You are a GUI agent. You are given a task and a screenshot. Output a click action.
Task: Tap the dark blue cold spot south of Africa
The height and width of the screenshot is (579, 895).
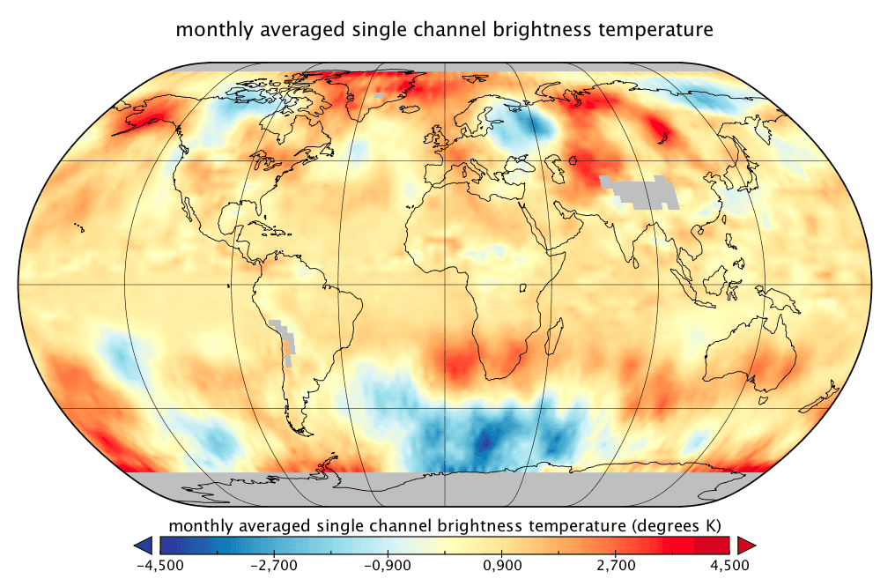coord(483,441)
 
